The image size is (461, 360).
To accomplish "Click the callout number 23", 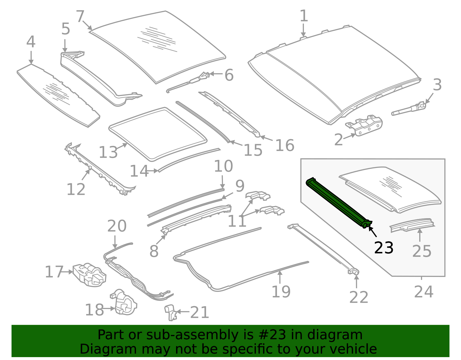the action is [x=383, y=248].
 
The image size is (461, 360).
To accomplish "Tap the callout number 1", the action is [x=304, y=16].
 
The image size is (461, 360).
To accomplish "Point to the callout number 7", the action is [x=80, y=16].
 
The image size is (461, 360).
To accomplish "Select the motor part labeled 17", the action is [x=89, y=275].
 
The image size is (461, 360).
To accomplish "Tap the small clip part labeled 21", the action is [x=171, y=312].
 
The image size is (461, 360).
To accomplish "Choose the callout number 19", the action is [x=281, y=292].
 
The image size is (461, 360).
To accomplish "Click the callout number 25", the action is [x=422, y=251].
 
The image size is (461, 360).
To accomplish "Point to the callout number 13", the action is [x=108, y=152].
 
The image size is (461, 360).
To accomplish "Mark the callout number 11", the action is [x=237, y=221].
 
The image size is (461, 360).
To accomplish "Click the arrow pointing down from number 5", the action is [x=65, y=46].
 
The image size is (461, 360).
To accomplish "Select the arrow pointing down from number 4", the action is [x=31, y=57].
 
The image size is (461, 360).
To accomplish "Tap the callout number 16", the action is [x=285, y=145].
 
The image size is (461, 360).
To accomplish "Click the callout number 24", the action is [x=424, y=292].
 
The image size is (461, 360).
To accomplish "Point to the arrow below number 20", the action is [x=115, y=242].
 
